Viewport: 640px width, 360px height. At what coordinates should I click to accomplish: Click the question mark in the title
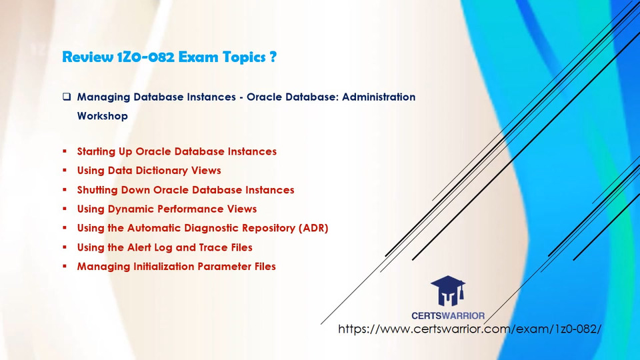click(x=273, y=56)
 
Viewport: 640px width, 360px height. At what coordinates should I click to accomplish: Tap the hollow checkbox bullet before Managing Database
click(x=67, y=97)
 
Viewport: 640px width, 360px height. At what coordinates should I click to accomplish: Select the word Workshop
click(x=103, y=116)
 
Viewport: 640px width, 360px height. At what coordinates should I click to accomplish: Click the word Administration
click(x=379, y=97)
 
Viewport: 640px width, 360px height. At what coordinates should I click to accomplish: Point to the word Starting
click(x=96, y=151)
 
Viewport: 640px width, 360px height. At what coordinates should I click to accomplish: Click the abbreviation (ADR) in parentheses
click(x=313, y=228)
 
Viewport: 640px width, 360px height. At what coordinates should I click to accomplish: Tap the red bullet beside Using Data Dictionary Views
click(x=65, y=170)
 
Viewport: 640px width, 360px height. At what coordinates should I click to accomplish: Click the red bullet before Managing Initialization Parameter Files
click(x=65, y=266)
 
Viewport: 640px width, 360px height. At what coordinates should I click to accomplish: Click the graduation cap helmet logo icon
click(x=448, y=291)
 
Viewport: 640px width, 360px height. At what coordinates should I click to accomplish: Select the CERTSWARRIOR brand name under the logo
click(x=448, y=315)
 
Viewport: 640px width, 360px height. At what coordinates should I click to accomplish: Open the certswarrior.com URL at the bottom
click(x=470, y=329)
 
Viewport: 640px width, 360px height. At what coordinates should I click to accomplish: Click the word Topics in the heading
click(x=244, y=57)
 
